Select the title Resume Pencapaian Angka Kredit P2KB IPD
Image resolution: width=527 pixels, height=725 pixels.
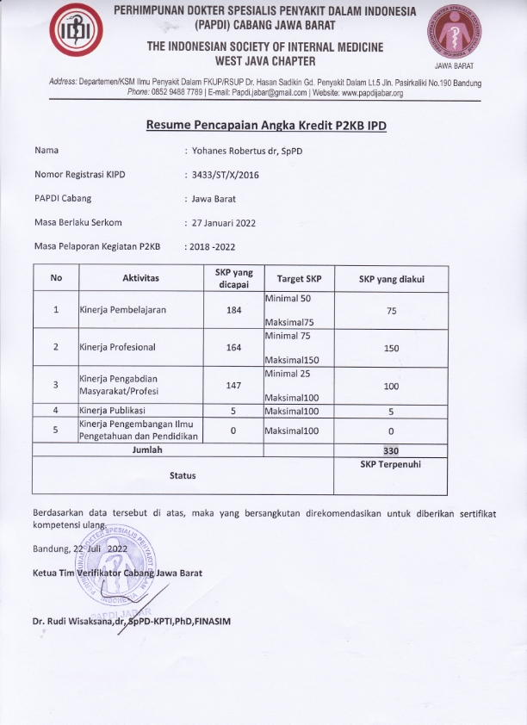(x=266, y=126)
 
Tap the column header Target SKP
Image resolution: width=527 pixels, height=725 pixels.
(x=299, y=279)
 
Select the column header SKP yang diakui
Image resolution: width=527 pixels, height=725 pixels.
(x=391, y=279)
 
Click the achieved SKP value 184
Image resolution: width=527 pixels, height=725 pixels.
(x=233, y=310)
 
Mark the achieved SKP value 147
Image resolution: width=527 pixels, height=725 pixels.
(x=233, y=386)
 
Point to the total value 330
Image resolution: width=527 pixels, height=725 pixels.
(x=391, y=449)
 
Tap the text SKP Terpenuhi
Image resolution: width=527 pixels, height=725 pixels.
(x=391, y=463)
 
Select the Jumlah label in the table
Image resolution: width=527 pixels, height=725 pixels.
(x=146, y=449)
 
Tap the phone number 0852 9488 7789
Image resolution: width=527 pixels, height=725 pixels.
(x=178, y=93)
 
